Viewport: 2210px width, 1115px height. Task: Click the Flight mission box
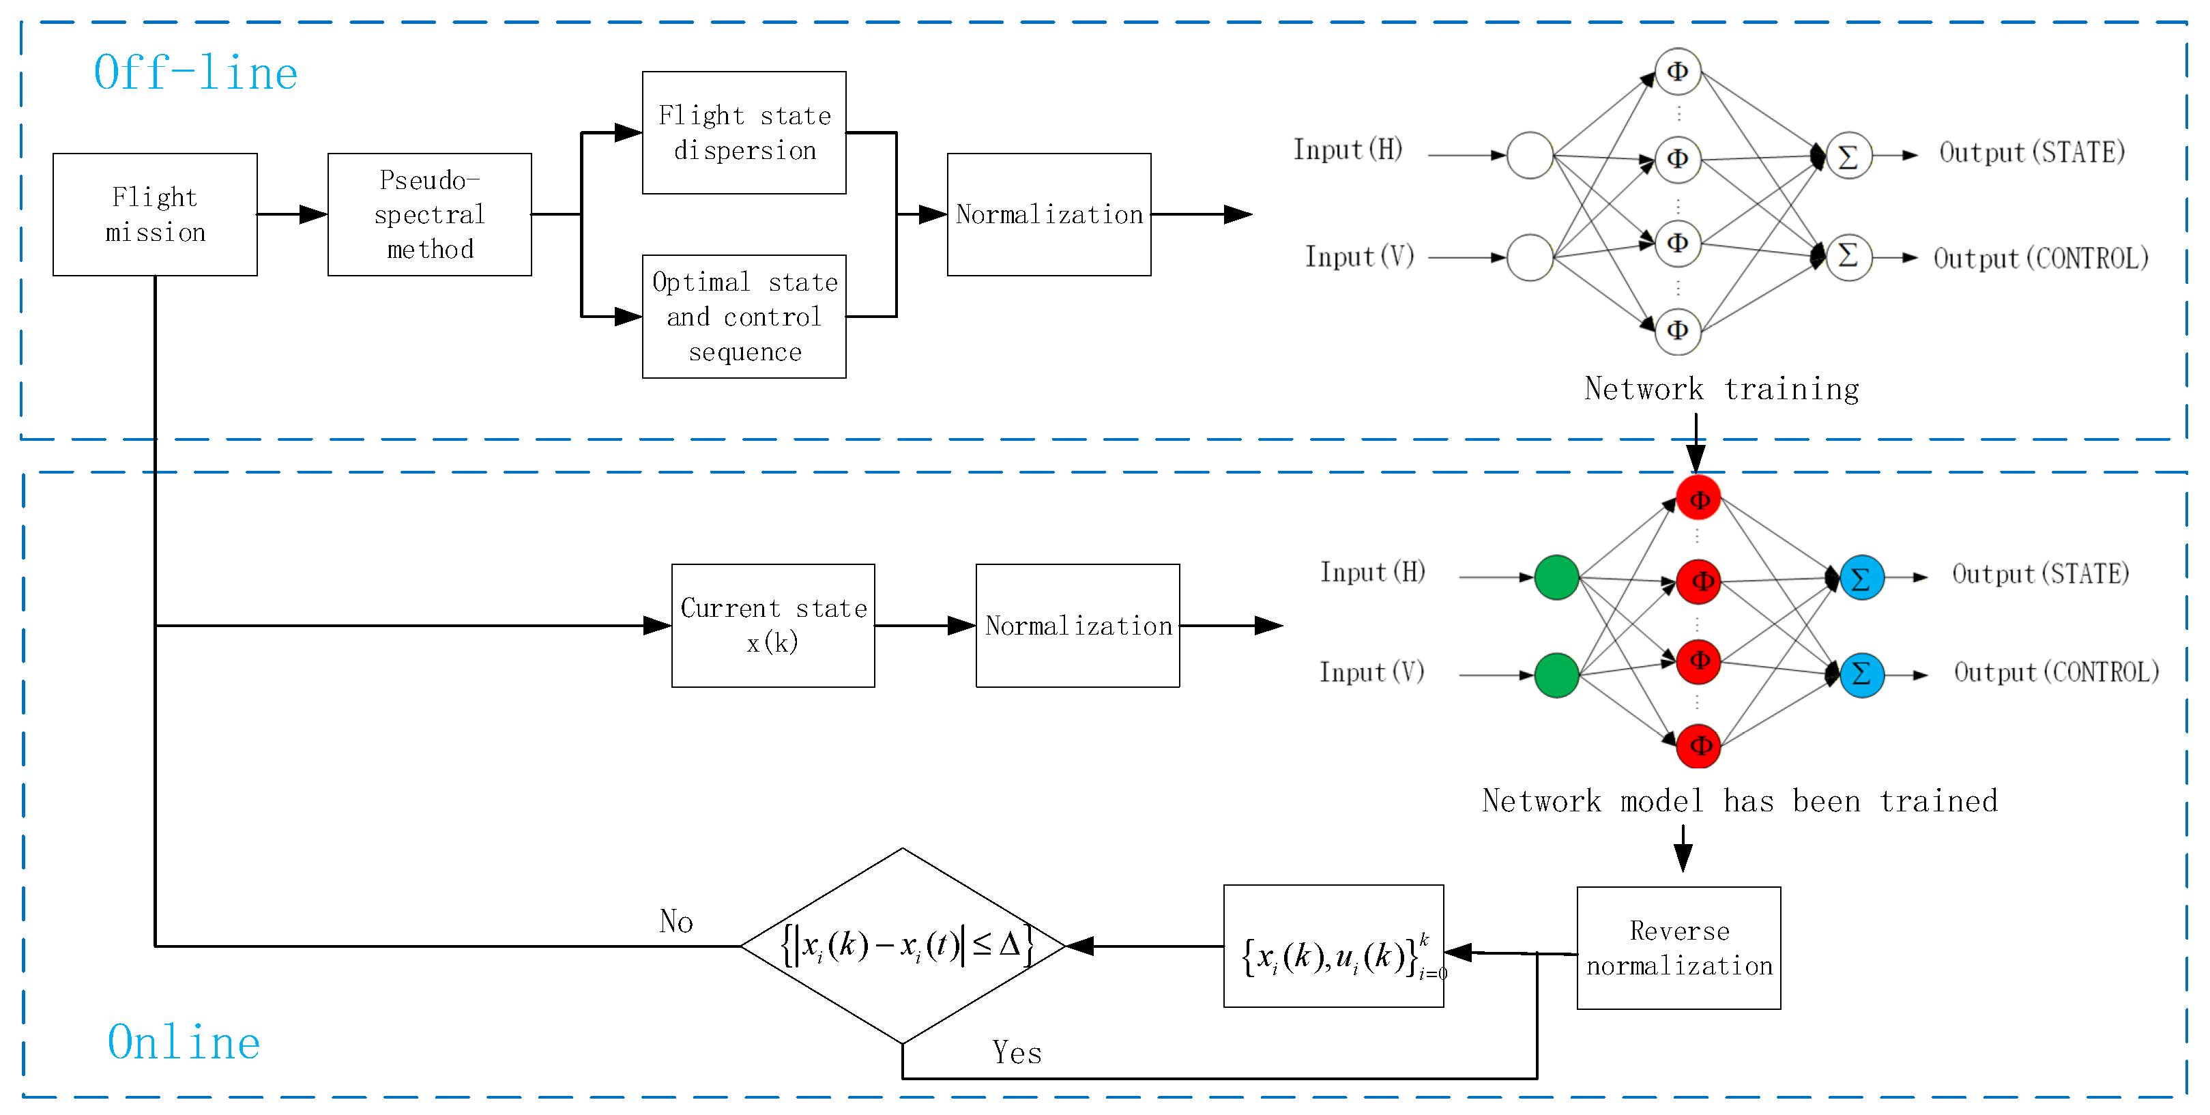click(156, 214)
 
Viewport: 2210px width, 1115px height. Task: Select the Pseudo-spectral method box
click(430, 214)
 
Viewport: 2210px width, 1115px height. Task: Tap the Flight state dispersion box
click(744, 133)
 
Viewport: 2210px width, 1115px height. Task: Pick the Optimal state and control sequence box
click(744, 317)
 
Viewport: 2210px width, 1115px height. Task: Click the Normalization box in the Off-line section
click(1049, 214)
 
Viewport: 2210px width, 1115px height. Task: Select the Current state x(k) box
click(773, 625)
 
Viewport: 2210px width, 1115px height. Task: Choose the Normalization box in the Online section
click(1077, 625)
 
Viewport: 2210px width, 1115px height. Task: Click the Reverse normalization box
click(1679, 948)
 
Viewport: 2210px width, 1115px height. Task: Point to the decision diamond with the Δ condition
click(903, 945)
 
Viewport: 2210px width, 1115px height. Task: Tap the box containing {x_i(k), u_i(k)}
click(1334, 946)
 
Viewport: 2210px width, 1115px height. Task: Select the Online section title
click(184, 1042)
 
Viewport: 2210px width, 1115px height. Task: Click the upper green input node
click(1556, 577)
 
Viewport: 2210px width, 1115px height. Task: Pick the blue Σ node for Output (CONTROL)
click(1862, 674)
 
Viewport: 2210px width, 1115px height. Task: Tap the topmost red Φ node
click(1699, 498)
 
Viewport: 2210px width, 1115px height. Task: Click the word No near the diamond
click(676, 921)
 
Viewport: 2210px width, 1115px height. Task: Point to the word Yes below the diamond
click(1017, 1052)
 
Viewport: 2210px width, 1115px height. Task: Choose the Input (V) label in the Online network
click(1372, 671)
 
